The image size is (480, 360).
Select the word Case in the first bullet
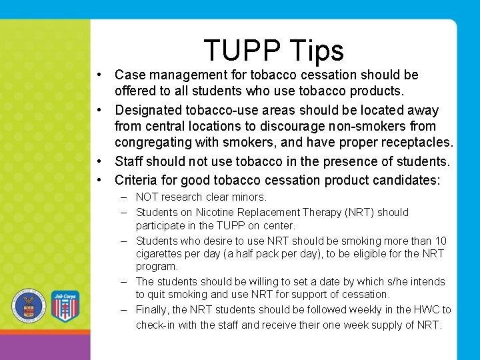pos(129,75)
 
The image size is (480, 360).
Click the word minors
pos(250,197)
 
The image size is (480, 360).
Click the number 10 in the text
pos(441,241)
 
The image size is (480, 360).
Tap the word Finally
pos(153,310)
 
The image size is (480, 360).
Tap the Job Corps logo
pos(65,307)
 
